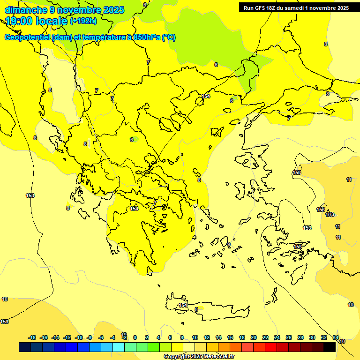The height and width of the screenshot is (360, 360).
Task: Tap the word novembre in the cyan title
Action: tap(78, 10)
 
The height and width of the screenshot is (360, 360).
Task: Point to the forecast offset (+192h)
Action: tap(83, 21)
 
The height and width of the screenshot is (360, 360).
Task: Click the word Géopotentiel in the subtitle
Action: tap(28, 37)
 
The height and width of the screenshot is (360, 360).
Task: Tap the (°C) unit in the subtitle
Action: tap(169, 37)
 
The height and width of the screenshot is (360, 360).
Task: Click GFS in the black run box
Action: tap(261, 7)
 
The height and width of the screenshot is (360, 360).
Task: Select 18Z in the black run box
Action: tap(274, 7)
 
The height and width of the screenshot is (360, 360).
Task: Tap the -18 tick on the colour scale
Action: tap(32, 337)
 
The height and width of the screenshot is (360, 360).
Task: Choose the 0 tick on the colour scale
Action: tap(135, 337)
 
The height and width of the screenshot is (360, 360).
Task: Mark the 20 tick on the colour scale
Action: tap(254, 337)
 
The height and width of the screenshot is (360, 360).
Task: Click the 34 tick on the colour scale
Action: tap(336, 337)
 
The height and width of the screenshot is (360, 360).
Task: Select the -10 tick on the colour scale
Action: tap(79, 337)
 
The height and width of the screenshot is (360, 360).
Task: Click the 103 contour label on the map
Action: tap(330, 214)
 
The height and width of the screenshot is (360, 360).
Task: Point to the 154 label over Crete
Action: tap(183, 305)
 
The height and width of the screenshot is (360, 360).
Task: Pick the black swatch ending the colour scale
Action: tap(330, 347)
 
